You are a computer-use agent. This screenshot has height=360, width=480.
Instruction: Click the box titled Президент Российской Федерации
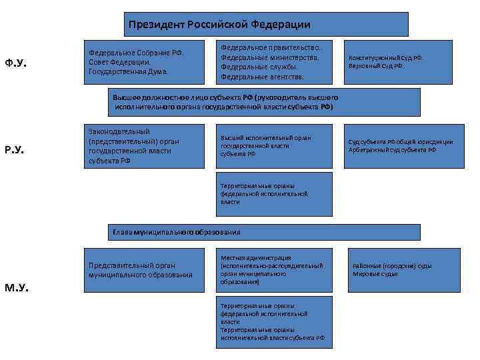point(265,24)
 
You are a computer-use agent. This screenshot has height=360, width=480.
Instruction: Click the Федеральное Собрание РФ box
point(144,62)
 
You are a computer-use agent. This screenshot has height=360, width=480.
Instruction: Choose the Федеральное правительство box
point(274,62)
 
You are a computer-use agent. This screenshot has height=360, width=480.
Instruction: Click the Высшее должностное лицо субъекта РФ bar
point(264,102)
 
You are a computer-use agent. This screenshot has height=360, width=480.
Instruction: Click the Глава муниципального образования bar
point(264,232)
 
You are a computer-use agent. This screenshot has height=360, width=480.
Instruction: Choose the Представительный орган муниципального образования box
point(144,270)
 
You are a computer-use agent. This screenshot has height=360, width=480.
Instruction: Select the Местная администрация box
point(274,270)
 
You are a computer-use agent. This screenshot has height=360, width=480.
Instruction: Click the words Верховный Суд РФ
point(377,66)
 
